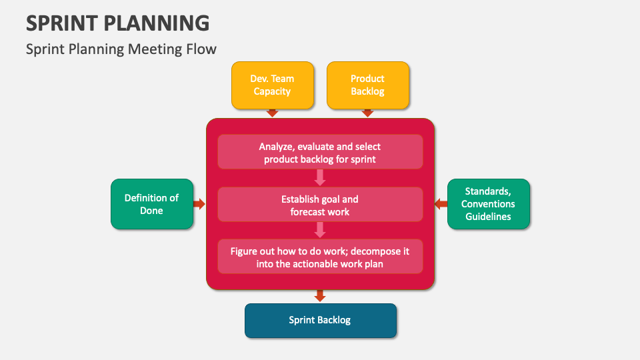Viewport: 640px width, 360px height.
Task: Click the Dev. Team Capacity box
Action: pos(272,85)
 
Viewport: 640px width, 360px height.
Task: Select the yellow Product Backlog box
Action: pos(367,85)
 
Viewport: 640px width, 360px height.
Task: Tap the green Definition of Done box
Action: pos(151,204)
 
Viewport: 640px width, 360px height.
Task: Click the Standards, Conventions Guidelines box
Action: pos(488,204)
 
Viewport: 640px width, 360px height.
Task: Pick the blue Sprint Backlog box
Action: pos(320,320)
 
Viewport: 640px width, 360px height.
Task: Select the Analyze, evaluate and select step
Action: pos(320,152)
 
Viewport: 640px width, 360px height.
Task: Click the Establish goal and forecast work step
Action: pos(320,205)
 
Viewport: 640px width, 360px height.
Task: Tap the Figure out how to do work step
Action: pos(320,257)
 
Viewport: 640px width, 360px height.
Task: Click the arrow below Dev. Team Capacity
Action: pos(272,113)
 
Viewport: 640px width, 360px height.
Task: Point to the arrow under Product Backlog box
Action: pos(367,113)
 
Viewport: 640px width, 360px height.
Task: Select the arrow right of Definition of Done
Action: pos(199,204)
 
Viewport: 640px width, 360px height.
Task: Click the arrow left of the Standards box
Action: pos(441,204)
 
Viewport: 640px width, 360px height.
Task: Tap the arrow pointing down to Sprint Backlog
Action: pos(320,295)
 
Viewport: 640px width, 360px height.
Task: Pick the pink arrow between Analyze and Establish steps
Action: pos(320,177)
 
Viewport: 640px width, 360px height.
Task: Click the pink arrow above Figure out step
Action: pos(320,230)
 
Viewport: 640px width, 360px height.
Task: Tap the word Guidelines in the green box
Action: pos(488,217)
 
